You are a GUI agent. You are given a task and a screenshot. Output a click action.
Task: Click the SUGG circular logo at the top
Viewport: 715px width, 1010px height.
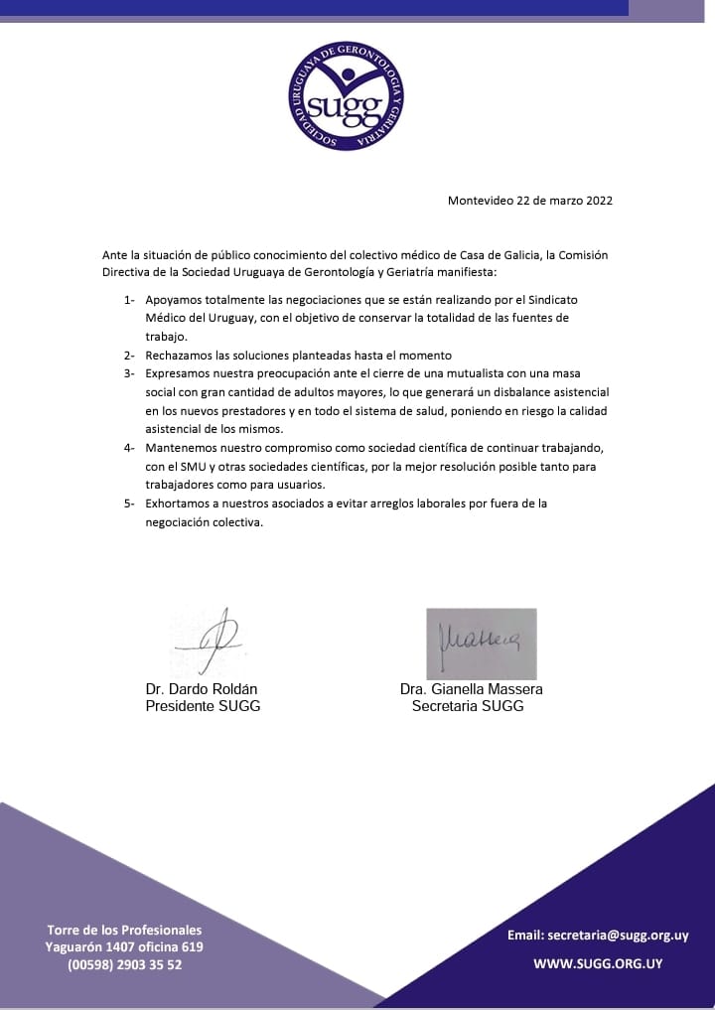347,96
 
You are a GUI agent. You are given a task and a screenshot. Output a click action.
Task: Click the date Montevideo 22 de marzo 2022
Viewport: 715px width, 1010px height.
529,200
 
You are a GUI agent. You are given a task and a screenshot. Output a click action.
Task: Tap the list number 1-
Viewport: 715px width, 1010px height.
130,299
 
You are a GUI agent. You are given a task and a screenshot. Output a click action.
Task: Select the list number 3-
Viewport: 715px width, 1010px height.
130,373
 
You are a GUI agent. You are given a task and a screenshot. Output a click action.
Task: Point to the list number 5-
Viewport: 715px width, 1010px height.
130,504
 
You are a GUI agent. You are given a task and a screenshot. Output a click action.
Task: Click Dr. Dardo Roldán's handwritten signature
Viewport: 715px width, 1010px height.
210,638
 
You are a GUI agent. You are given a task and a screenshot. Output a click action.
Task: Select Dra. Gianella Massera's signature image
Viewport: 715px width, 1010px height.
482,643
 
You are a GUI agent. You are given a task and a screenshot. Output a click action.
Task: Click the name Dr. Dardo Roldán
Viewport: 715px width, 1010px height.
203,689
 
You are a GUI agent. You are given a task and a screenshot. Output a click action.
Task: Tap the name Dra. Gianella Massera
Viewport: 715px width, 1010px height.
471,689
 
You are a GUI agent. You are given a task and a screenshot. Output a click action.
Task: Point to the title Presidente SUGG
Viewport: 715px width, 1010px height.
203,706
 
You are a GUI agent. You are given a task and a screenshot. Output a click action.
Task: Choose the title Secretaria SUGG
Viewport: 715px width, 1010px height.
467,706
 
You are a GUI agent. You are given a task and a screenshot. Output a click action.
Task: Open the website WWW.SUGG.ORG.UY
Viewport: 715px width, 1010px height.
597,963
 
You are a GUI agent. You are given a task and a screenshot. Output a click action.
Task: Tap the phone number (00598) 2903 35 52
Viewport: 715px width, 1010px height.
124,964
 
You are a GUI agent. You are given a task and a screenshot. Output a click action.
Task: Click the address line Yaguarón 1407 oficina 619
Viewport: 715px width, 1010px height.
124,947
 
